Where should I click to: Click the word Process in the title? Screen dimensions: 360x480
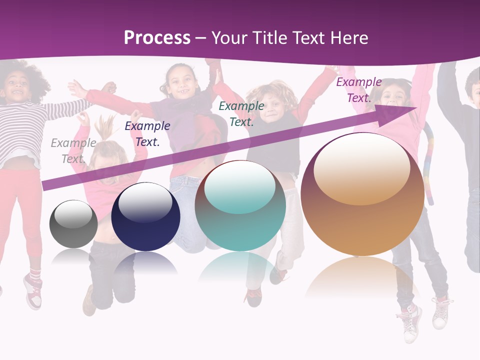click(157, 37)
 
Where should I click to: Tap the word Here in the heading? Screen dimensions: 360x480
click(348, 38)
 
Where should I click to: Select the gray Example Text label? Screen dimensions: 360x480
click(73, 151)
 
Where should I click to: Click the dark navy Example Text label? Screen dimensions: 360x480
click(147, 134)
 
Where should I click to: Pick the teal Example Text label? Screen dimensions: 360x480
click(241, 113)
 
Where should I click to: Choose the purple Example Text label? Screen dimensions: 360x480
click(359, 90)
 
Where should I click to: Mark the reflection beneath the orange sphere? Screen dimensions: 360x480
click(362, 277)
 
